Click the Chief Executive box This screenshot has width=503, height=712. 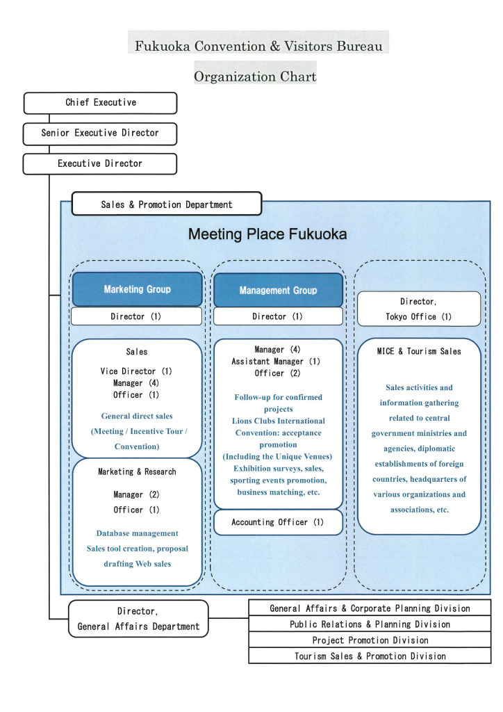click(x=101, y=103)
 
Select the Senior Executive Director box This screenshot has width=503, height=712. click(x=100, y=133)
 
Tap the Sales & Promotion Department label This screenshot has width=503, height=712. click(x=167, y=204)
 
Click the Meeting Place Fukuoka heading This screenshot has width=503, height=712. click(x=267, y=234)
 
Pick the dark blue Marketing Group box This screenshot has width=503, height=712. click(x=137, y=289)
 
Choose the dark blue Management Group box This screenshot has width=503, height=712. click(x=278, y=291)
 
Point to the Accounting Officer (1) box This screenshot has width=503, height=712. click(x=278, y=522)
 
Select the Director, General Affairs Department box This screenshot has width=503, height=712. click(x=138, y=619)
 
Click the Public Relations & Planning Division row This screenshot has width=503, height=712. click(x=370, y=624)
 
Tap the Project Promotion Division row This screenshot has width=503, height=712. click(x=370, y=640)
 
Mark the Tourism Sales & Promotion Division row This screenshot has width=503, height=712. click(x=370, y=656)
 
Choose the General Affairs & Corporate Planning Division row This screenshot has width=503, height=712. click(x=370, y=608)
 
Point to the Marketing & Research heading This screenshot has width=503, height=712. click(x=137, y=472)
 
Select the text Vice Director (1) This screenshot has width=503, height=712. click(x=137, y=371)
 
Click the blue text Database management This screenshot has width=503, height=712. click(x=137, y=533)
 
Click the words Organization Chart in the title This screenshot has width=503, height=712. click(x=255, y=76)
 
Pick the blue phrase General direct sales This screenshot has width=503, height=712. click(x=137, y=416)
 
